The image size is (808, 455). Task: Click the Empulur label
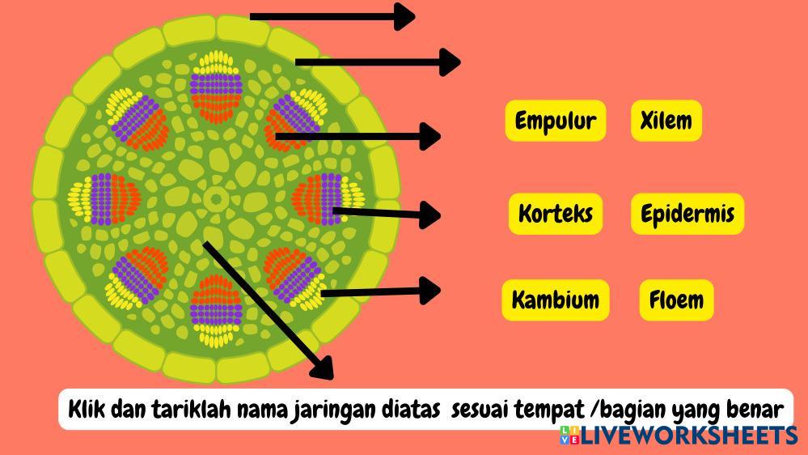click(555, 121)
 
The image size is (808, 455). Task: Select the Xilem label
click(666, 121)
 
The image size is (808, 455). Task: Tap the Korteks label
click(556, 214)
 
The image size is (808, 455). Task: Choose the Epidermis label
click(687, 214)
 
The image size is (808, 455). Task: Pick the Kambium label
click(555, 300)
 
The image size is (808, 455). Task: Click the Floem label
click(676, 300)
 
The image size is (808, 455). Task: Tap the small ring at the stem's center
click(216, 197)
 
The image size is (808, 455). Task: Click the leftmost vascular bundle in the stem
click(104, 198)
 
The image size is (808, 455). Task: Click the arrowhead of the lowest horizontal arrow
click(430, 290)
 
